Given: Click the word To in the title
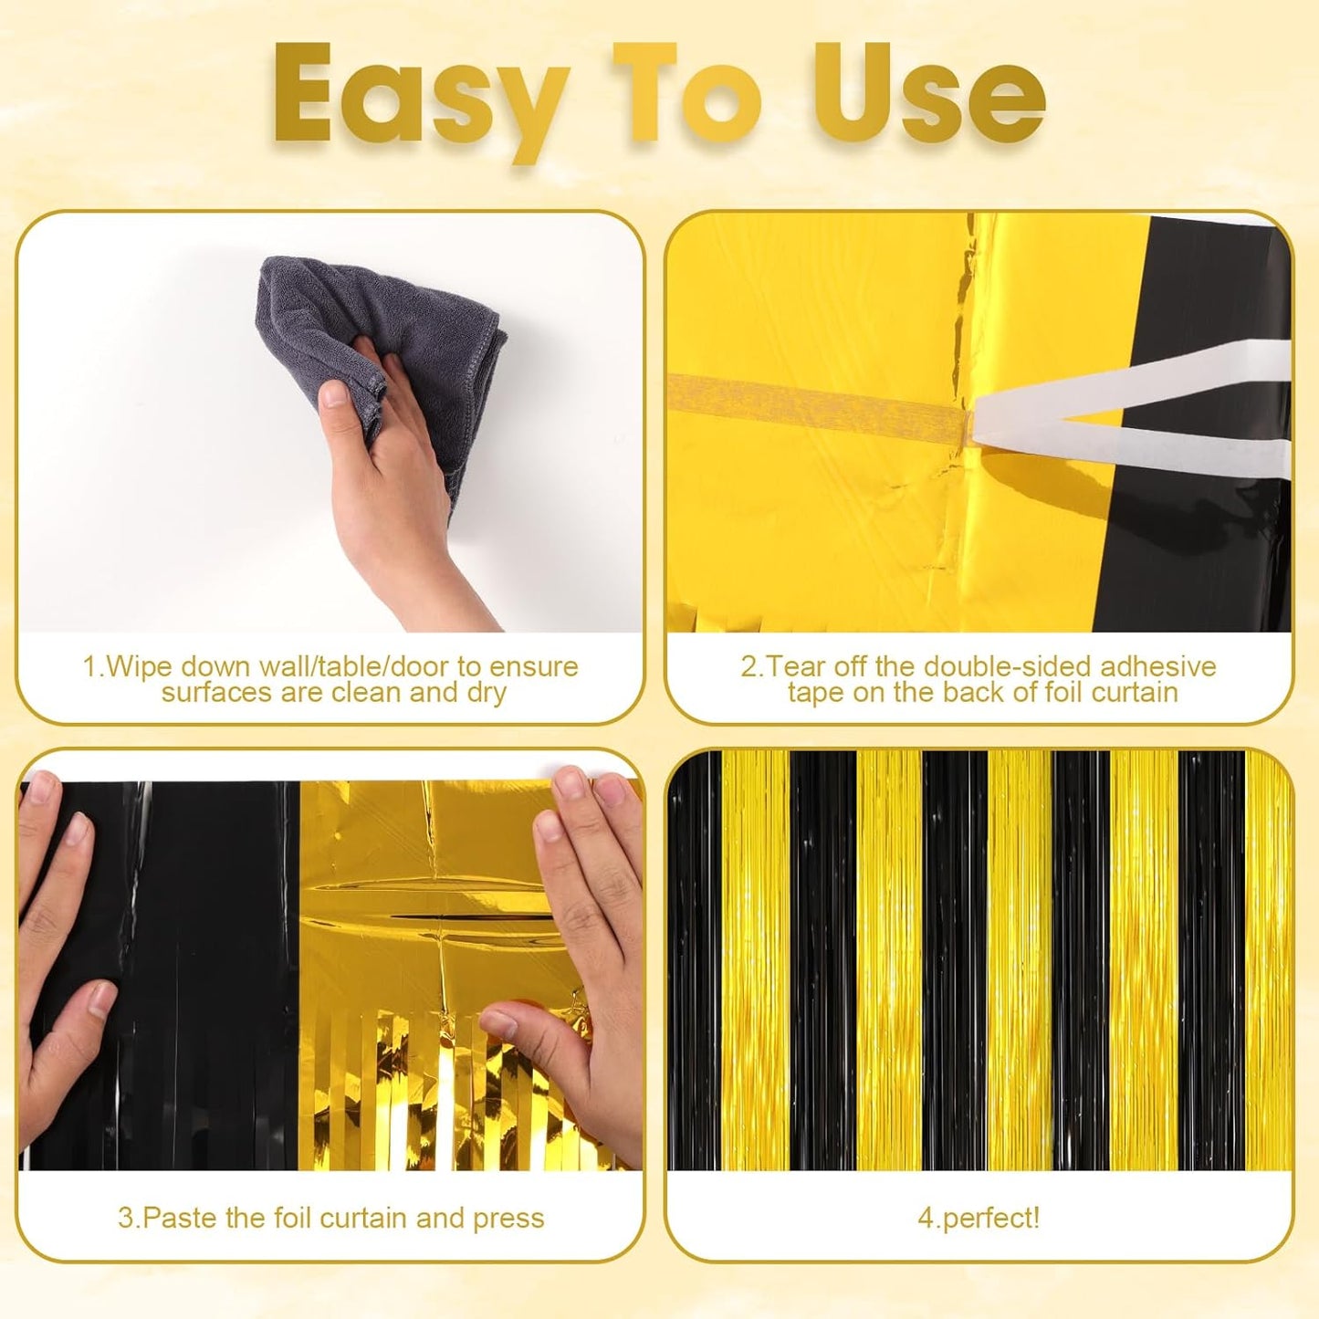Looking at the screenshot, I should coord(685,94).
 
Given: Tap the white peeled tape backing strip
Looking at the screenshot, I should coord(1132,402).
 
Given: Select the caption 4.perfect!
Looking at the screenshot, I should coord(979,1218).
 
